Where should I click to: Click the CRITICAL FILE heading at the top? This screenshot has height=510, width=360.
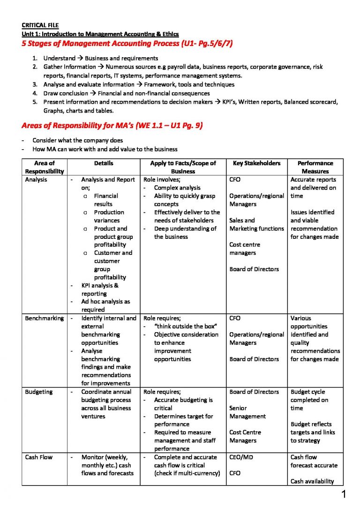[40, 25]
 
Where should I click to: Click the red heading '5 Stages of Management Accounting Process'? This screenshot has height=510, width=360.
[127, 44]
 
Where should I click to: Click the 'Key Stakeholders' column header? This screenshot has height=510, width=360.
[256, 163]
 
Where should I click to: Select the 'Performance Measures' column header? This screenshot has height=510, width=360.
[315, 167]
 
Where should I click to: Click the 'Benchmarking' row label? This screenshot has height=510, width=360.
[44, 318]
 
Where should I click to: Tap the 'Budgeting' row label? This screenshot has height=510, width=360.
[39, 392]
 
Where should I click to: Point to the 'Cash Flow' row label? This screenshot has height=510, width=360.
[39, 457]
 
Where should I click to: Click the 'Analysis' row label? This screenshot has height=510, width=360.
[36, 180]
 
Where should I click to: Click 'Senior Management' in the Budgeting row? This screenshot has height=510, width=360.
[247, 412]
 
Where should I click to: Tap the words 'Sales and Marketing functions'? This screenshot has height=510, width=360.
[256, 224]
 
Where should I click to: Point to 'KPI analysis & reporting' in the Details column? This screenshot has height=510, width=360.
[100, 289]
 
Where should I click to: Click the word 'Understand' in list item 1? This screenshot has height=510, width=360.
[59, 58]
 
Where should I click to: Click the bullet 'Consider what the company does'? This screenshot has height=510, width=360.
[78, 140]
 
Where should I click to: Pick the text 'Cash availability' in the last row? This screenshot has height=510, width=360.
[312, 481]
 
